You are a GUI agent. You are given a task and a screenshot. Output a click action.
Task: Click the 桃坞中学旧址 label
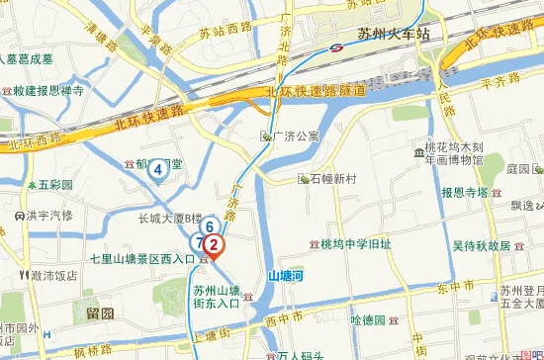coord(356,243)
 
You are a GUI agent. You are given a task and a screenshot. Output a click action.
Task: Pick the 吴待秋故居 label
coord(481,245)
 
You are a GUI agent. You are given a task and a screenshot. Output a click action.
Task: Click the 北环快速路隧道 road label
coord(317,92)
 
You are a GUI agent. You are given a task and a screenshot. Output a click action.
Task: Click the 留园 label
coord(100,314)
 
